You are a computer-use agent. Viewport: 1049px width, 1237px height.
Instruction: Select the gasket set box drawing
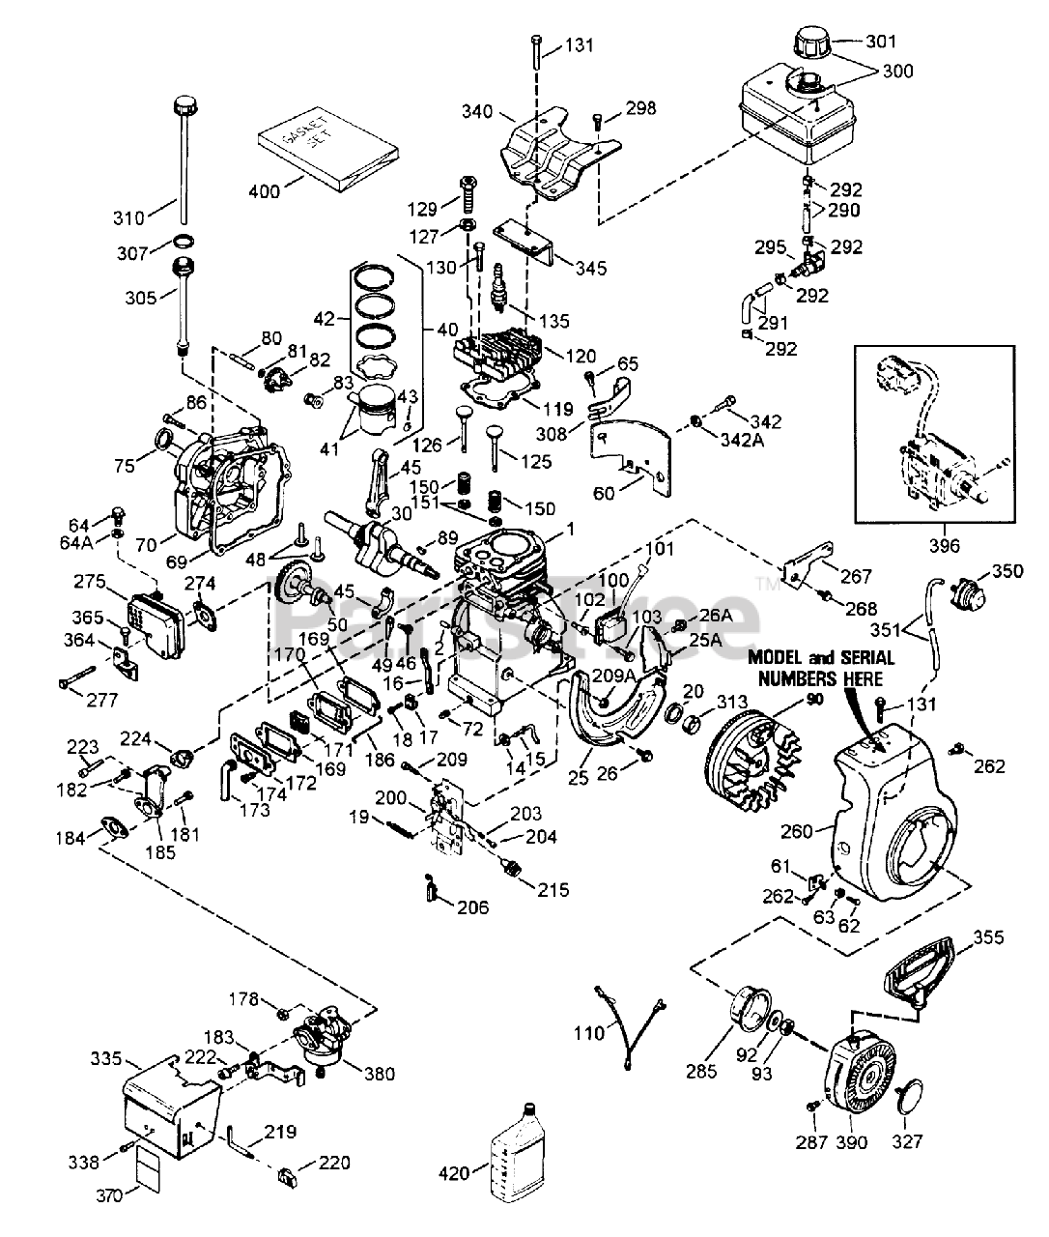[328, 151]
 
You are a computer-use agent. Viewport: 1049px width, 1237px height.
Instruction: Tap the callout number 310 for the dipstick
[128, 217]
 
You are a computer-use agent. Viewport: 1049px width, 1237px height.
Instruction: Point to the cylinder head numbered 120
[503, 359]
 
